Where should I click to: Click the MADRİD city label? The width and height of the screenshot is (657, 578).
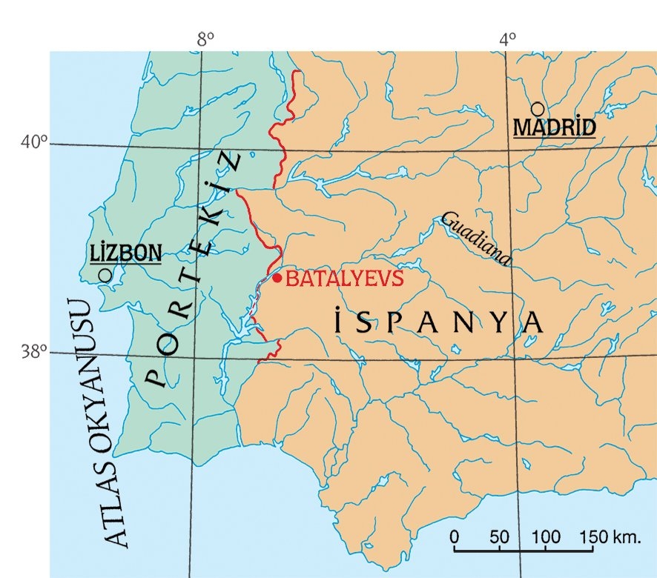pos(555,128)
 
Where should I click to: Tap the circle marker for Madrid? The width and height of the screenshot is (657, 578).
pos(538,109)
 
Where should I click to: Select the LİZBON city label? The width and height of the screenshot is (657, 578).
pos(125,253)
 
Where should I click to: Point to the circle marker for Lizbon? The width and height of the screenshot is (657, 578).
pos(105,275)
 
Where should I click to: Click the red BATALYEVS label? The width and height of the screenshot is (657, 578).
pos(344,279)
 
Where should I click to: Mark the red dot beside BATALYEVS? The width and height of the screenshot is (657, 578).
pos(277,278)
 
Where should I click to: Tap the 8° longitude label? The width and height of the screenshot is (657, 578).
pos(205,39)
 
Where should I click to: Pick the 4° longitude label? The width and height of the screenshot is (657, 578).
pos(507,39)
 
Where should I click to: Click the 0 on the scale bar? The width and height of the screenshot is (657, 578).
pos(454,536)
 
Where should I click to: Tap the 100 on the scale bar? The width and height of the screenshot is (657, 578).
pos(546,536)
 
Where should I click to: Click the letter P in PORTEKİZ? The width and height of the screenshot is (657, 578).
pos(154,378)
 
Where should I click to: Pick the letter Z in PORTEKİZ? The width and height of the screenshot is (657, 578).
pos(235,162)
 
